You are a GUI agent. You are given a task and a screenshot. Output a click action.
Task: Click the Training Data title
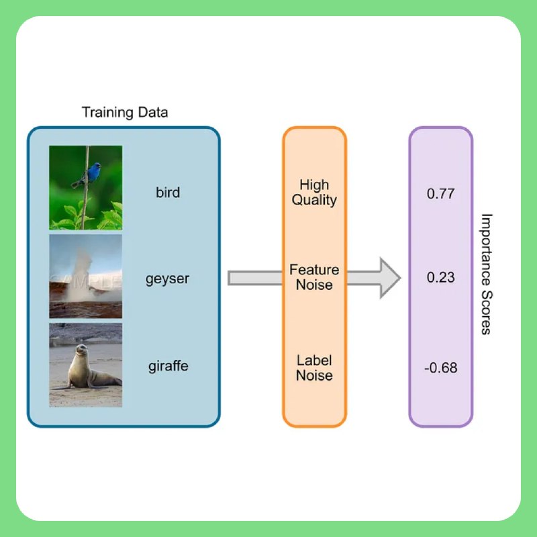125,112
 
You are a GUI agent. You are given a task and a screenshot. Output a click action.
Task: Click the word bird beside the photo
168,192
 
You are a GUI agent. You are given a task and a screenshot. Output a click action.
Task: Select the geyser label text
167,279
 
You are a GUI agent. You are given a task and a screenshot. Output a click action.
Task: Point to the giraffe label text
168,366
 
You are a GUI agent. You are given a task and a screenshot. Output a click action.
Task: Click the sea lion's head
81,350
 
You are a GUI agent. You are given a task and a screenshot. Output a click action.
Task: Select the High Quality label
314,193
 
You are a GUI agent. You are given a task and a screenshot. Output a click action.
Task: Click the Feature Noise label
314,277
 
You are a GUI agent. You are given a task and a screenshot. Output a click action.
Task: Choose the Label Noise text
314,368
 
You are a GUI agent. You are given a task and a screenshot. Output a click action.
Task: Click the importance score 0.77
440,193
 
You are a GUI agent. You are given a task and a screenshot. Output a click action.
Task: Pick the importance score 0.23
440,277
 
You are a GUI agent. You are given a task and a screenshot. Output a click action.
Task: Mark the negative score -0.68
440,368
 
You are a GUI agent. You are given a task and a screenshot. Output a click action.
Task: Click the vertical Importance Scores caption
486,274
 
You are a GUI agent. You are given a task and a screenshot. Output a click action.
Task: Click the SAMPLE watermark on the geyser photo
86,281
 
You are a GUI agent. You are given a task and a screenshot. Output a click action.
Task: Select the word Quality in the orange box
314,200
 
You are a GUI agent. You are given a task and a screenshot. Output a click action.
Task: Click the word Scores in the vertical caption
486,313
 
